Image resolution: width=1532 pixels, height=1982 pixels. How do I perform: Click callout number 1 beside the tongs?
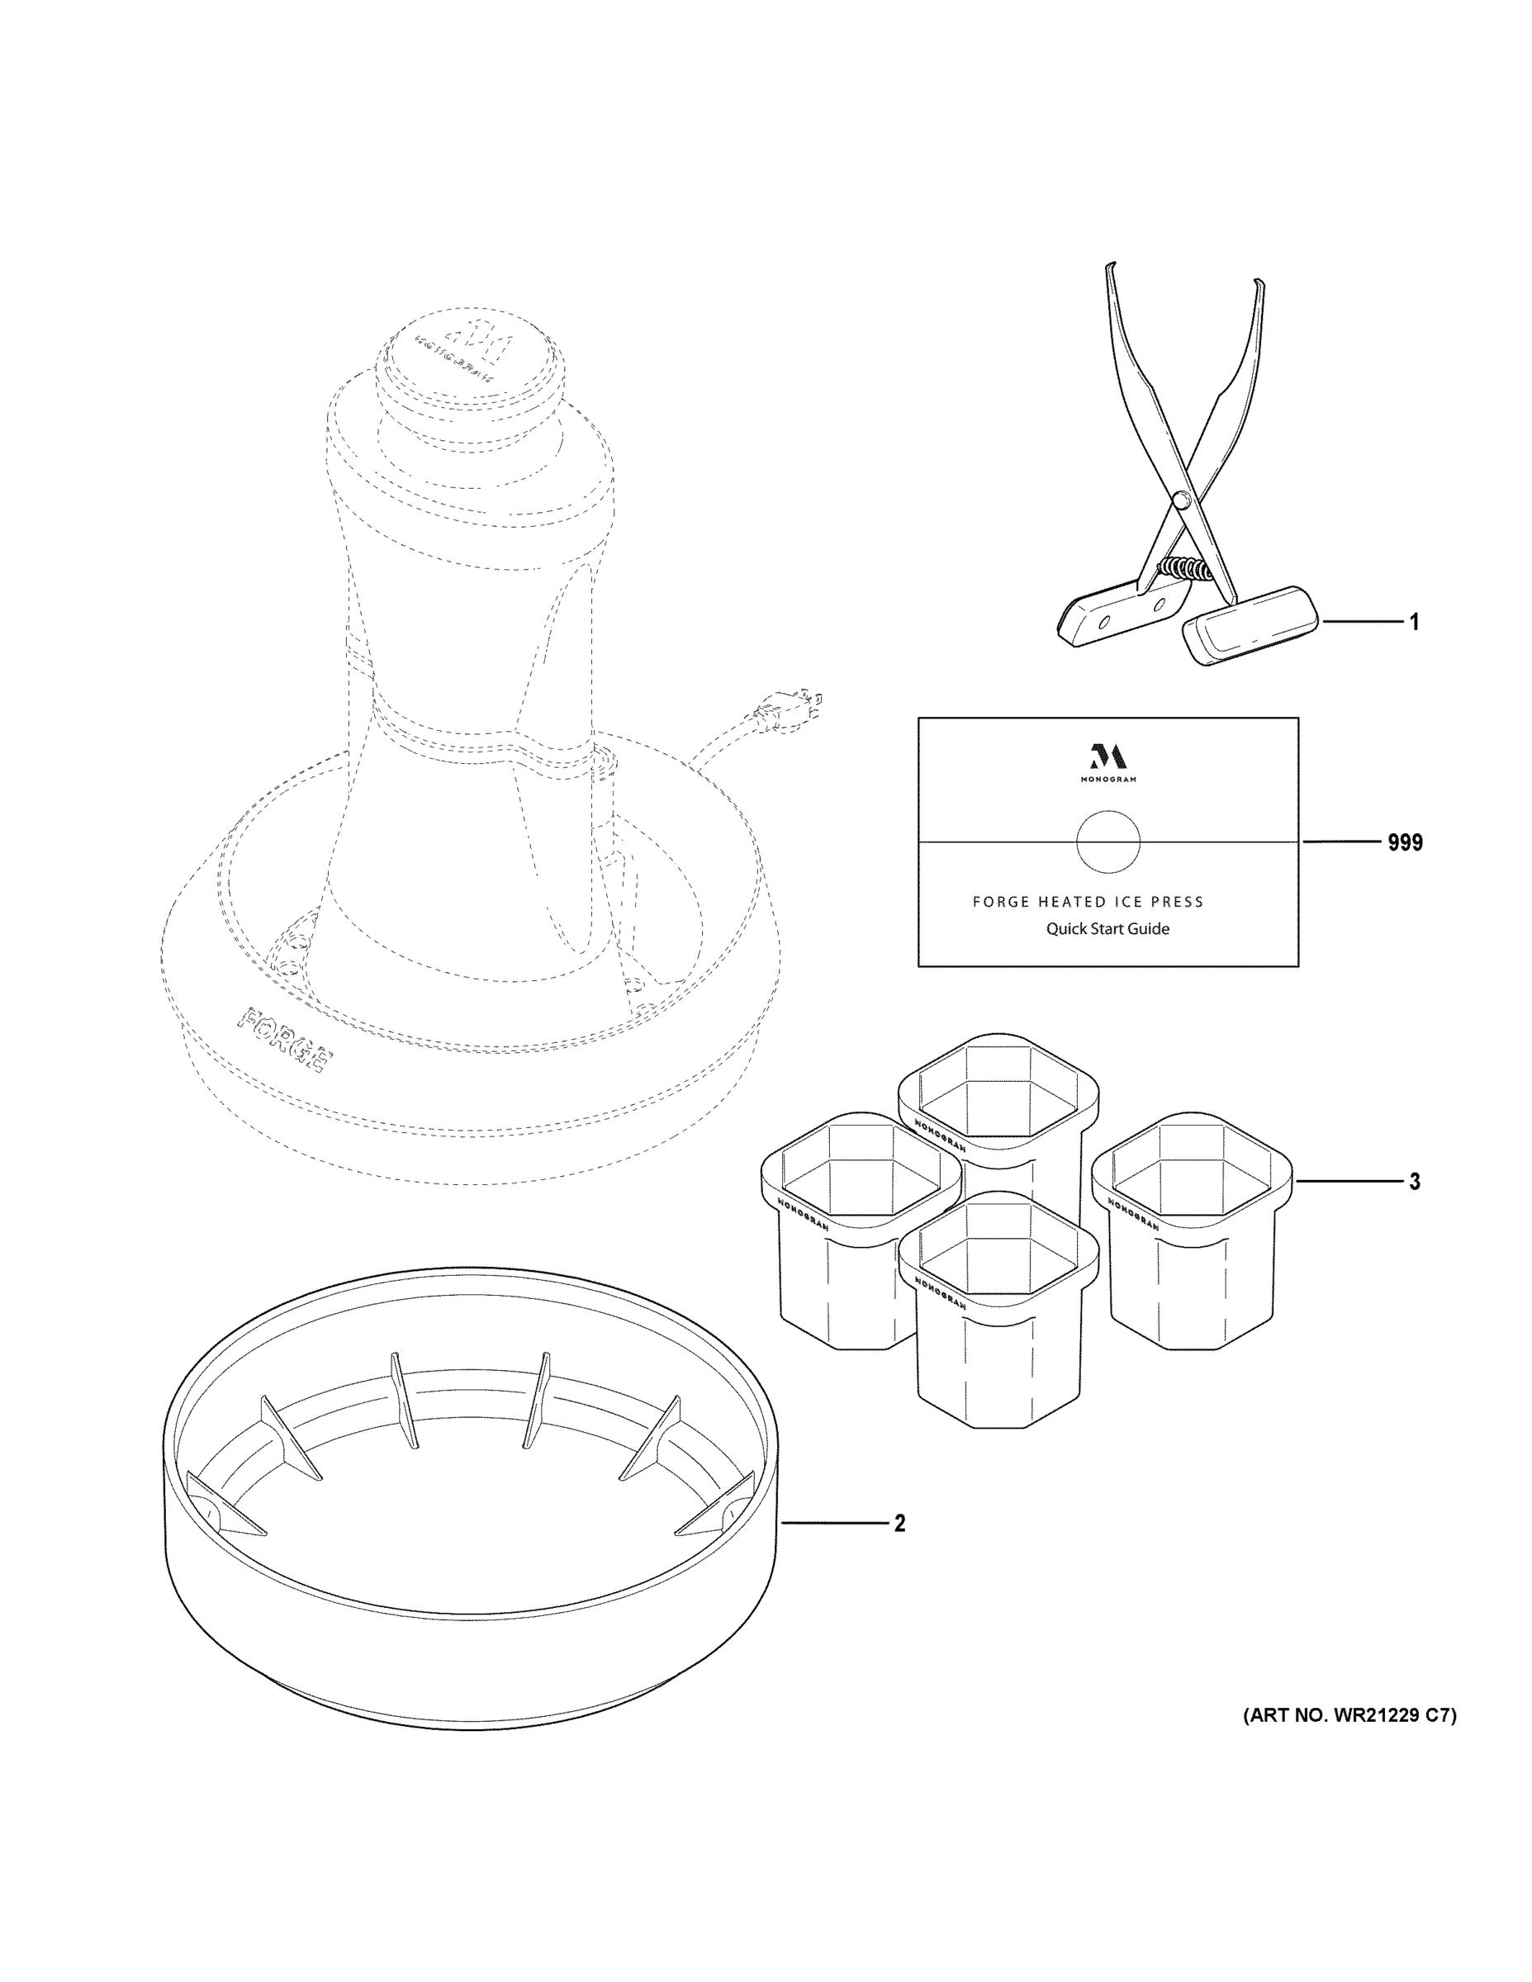[1413, 622]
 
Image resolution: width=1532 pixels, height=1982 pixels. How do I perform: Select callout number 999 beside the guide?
[1404, 842]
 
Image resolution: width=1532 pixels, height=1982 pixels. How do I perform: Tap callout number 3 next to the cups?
[1414, 1181]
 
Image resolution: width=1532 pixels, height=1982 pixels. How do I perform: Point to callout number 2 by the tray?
[899, 1524]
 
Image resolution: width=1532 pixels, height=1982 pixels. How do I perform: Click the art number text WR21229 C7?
[1349, 1715]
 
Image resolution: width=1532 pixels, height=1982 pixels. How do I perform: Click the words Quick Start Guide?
[1107, 928]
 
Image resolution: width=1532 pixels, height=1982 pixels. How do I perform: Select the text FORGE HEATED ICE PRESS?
[1088, 901]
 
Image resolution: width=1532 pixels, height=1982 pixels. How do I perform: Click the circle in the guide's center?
[1107, 842]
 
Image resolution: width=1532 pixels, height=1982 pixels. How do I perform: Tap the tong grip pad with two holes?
[1123, 614]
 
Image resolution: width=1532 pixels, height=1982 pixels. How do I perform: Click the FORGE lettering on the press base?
[284, 1038]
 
